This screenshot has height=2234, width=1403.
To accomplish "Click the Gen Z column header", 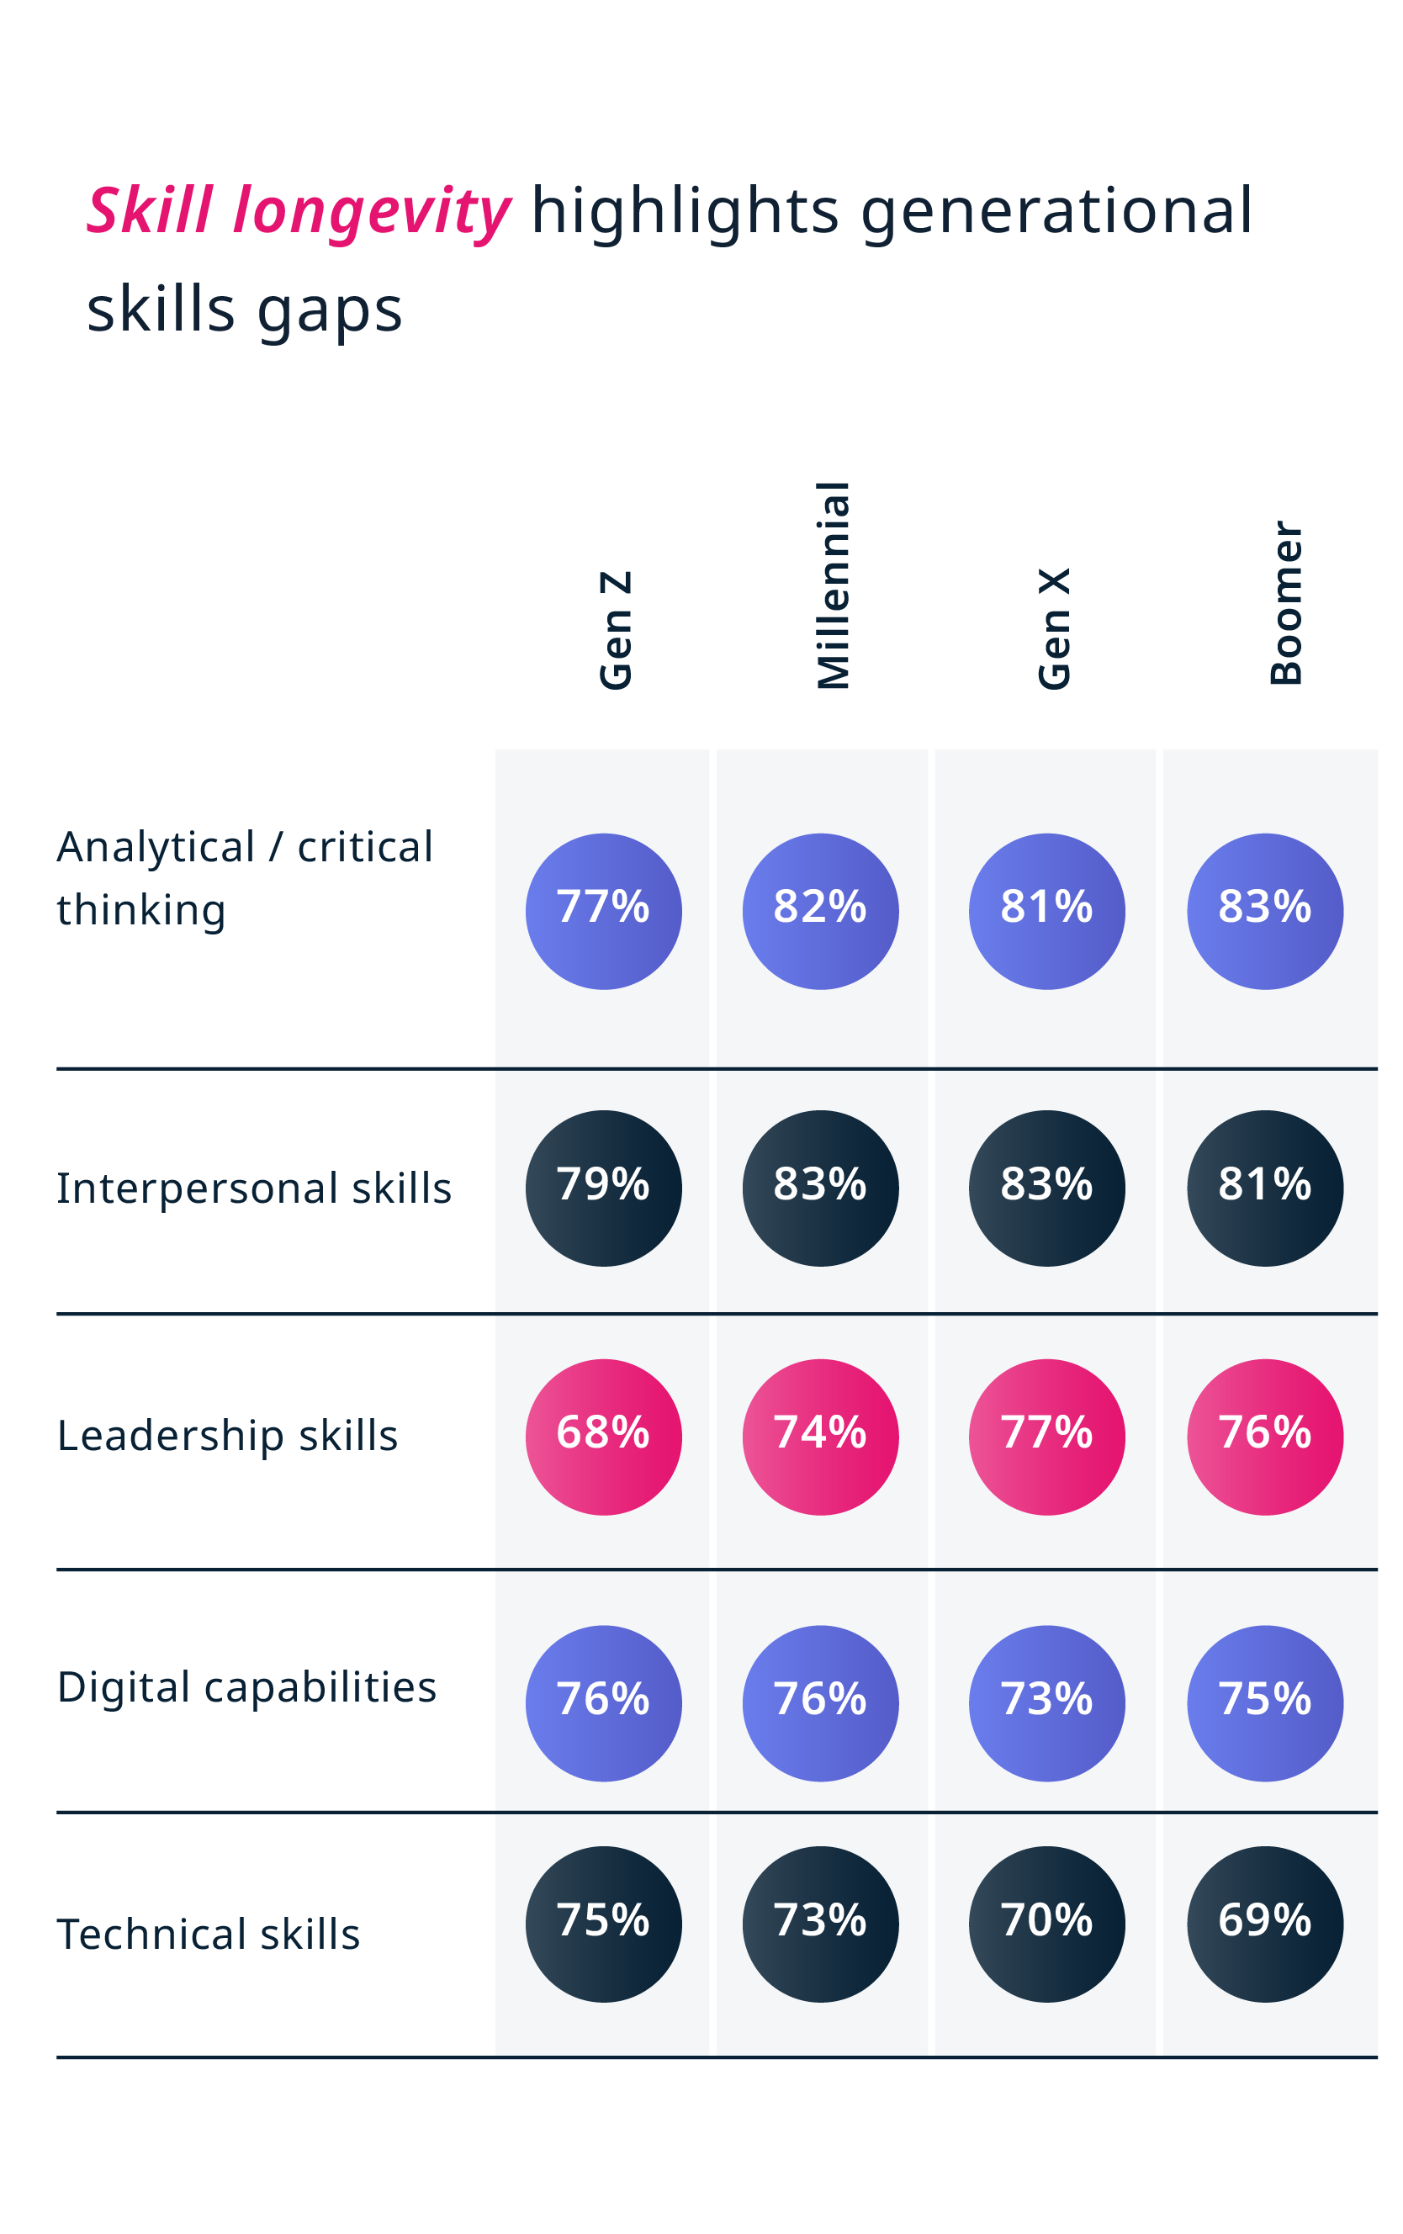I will pos(615,631).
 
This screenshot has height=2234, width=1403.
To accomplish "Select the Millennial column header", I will pos(833,585).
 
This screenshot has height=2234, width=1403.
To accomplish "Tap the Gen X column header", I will pos(1054,629).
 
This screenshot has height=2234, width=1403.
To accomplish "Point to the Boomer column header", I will pos(1286,603).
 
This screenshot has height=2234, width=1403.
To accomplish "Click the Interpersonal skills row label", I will pos(254,1188).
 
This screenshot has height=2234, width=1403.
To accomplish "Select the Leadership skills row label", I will pos(227,1436).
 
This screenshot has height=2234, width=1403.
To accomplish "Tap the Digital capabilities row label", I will pos(246,1687).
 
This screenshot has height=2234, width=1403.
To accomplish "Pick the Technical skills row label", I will pos(209,1935).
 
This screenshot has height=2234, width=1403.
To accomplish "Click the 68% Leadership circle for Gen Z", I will pos(603,1437).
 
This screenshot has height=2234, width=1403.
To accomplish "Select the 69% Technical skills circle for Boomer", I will pos(1265,1924).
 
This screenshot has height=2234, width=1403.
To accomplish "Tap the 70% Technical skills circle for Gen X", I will pos(1046,1924).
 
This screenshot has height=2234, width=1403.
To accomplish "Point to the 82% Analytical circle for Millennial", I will pos(820,911).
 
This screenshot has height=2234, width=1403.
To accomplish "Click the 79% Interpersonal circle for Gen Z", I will pos(603,1188).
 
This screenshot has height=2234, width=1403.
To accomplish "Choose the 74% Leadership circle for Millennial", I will pos(820,1437).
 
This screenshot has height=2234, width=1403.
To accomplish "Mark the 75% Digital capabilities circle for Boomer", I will pos(1265,1703).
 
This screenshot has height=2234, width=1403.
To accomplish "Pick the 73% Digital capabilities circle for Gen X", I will pos(1046,1703).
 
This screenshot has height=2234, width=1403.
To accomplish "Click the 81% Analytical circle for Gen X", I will pos(1046,911).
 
